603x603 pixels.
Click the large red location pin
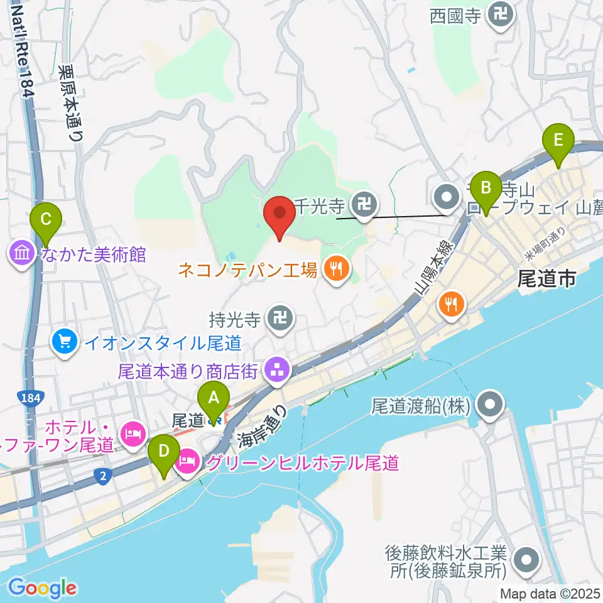coord(280,216)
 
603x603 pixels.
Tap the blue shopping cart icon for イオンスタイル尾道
coord(65,342)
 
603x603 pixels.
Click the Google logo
coord(43,588)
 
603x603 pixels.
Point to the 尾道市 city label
coord(546,278)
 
